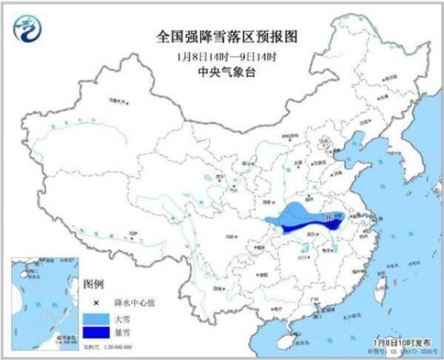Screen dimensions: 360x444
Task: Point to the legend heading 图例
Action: (x=93, y=284)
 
